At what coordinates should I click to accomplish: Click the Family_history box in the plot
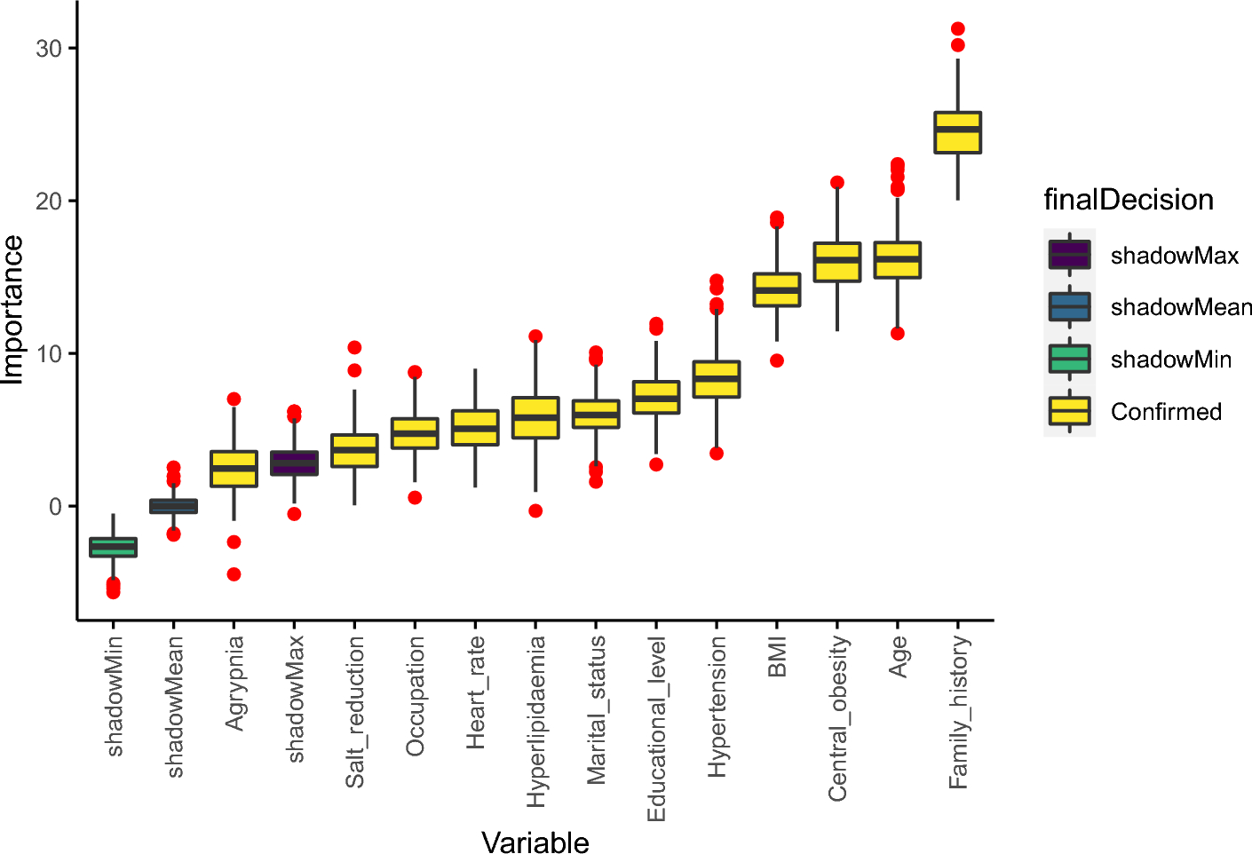pos(957,132)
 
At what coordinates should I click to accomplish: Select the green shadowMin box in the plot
pos(113,547)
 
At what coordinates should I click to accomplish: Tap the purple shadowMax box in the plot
pos(294,463)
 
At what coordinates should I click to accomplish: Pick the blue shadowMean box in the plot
pos(173,506)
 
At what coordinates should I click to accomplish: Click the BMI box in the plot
pos(777,289)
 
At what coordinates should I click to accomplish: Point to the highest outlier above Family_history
pos(957,29)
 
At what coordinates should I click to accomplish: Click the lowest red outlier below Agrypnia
pos(234,574)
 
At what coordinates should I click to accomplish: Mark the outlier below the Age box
pos(898,334)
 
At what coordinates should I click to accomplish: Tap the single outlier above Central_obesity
pos(837,183)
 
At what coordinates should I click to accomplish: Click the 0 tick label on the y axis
pos(56,507)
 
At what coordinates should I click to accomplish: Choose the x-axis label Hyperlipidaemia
pos(535,722)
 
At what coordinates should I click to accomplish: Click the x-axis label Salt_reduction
pos(354,712)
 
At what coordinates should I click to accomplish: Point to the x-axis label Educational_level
pos(656,729)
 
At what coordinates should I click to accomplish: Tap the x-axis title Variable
pos(535,842)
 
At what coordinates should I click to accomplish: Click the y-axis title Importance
pos(13,309)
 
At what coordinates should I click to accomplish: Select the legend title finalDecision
pos(1128,200)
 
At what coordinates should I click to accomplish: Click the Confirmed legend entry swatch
pos(1069,411)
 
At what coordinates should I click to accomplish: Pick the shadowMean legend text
pos(1180,307)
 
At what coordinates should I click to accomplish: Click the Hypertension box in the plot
pos(717,379)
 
